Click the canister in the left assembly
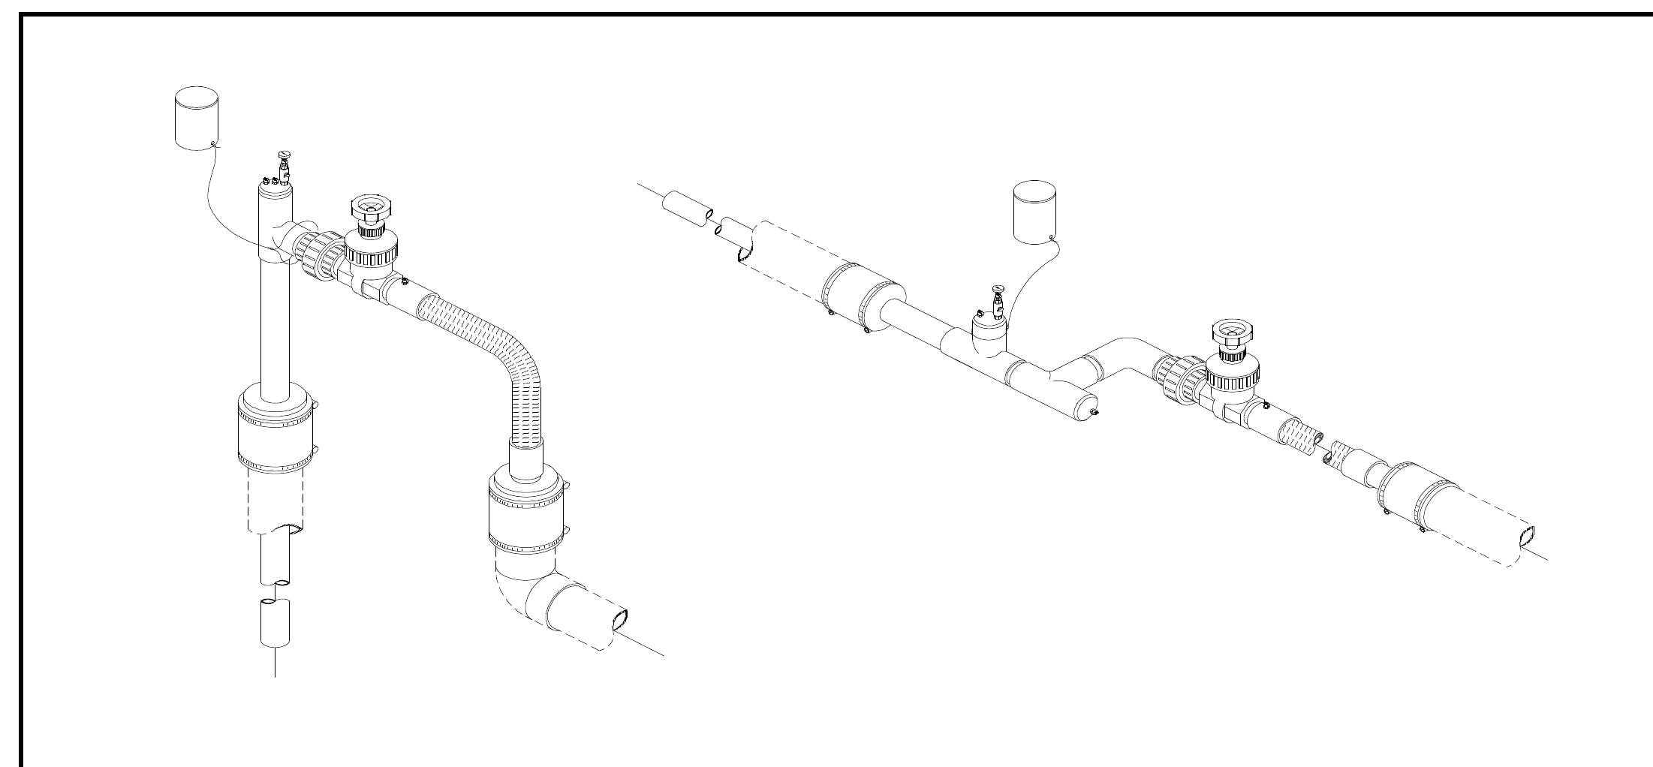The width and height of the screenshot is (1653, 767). pyautogui.click(x=196, y=118)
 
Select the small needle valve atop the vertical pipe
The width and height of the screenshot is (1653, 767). pyautogui.click(x=285, y=167)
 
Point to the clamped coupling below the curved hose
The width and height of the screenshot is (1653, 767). pyautogui.click(x=525, y=510)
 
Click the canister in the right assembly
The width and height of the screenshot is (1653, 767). pyautogui.click(x=1034, y=212)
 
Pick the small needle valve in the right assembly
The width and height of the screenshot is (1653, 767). pyautogui.click(x=997, y=300)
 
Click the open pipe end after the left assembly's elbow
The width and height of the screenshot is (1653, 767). pyautogui.click(x=620, y=620)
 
